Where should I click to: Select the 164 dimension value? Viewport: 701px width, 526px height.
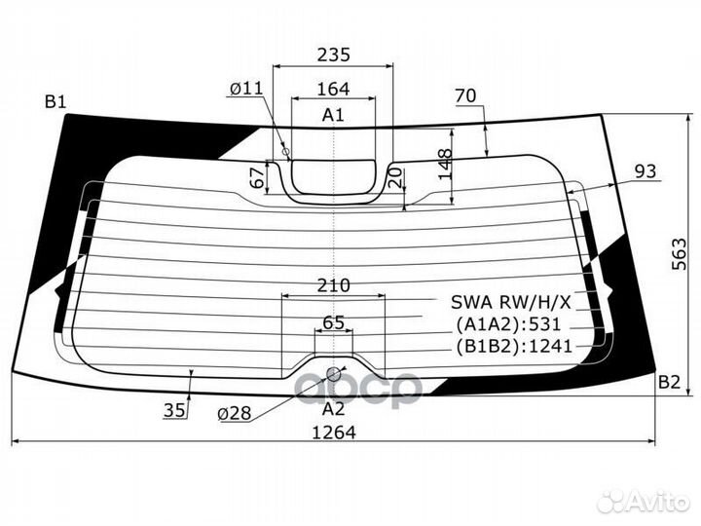[x=333, y=89]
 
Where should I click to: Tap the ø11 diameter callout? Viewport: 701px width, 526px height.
[x=245, y=89]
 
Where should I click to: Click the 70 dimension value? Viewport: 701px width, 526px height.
[x=464, y=95]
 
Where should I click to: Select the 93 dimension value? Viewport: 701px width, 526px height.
[x=646, y=171]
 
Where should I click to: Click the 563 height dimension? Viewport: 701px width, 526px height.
[x=679, y=255]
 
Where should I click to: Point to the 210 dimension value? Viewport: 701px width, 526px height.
[x=333, y=285]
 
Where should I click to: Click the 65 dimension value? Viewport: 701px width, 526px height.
[x=333, y=322]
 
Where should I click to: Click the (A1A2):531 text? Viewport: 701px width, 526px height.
[x=509, y=324]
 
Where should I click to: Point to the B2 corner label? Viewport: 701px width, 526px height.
[x=668, y=381]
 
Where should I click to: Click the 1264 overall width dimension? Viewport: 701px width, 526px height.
[x=333, y=432]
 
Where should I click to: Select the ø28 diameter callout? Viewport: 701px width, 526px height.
[x=235, y=413]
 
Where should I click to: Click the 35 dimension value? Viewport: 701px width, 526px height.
[x=174, y=410]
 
